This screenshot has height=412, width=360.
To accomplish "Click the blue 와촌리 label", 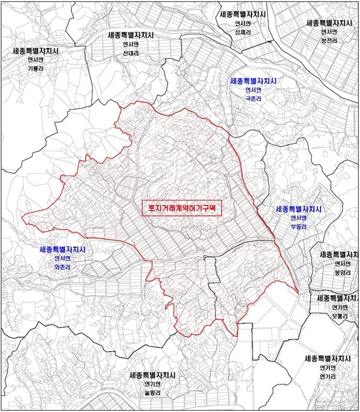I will tap(62, 267).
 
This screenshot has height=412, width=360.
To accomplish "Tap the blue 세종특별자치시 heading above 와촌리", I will tap(62, 249).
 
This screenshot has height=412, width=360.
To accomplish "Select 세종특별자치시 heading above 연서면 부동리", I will tap(298, 210).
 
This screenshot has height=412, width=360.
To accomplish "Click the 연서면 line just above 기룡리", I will tap(37, 60).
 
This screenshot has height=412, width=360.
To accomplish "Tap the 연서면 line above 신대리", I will tap(130, 44).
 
